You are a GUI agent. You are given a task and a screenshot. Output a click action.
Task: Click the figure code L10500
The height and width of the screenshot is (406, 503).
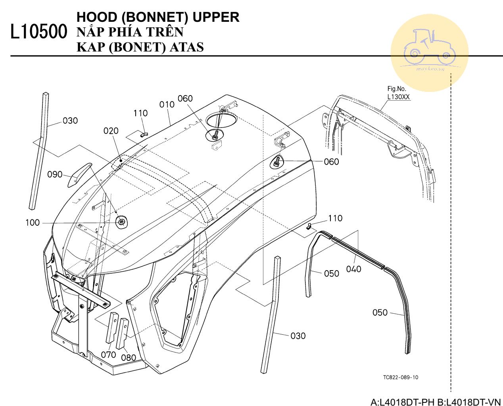coord(38,32)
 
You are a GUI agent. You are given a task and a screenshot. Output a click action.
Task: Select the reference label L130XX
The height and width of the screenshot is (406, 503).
coord(399,97)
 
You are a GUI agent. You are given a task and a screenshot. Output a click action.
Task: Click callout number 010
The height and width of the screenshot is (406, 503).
coord(167,105)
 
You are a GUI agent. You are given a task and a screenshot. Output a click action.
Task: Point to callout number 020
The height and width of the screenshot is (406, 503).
coord(111,131)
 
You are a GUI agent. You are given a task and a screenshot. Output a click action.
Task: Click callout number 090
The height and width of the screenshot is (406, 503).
coord(55,174)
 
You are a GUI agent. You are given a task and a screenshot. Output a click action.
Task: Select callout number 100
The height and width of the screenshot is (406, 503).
coord(33,223)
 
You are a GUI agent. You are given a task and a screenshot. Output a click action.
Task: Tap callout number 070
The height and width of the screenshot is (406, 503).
coord(108,355)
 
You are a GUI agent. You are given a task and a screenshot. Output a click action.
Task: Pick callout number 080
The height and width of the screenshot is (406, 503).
coord(129,357)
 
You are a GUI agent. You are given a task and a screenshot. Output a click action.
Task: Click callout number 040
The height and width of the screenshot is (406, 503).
coord(353,269)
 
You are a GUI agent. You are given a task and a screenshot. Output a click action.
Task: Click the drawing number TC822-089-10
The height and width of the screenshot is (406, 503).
coord(401,377)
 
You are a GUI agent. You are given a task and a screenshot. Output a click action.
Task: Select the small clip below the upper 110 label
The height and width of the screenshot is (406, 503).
coord(144,133)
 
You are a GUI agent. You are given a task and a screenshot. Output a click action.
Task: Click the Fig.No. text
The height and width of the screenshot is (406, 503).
coord(397,89)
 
